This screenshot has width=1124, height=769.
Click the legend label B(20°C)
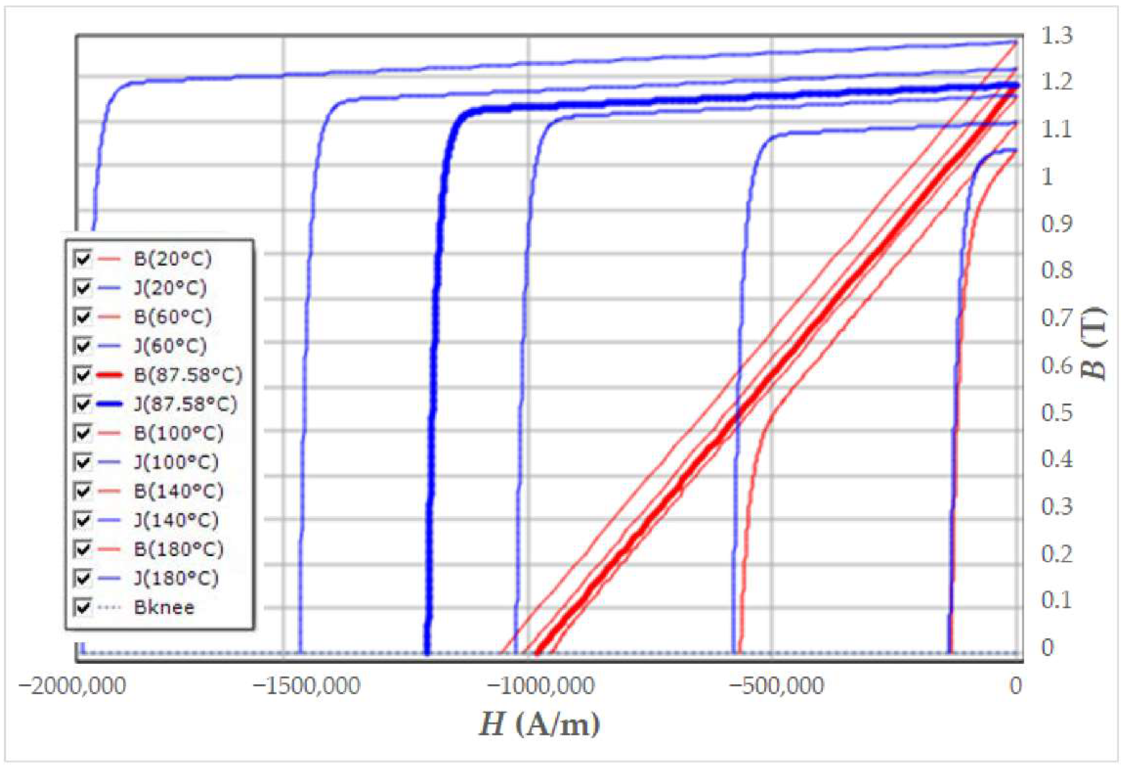coord(172,259)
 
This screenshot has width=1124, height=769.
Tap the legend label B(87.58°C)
coord(187,375)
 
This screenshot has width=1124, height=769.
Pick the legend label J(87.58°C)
coord(185,404)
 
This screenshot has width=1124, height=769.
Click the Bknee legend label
coord(164,607)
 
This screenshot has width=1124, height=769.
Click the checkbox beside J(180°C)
coord(82,578)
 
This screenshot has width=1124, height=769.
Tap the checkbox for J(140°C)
coord(82,520)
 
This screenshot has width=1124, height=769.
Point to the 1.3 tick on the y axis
coord(1057,36)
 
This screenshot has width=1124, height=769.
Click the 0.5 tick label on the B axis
coord(1057,413)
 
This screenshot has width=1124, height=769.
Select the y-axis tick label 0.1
coord(1057,600)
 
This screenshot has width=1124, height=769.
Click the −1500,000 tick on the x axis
coord(307,687)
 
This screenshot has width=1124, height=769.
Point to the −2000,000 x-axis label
coord(72,687)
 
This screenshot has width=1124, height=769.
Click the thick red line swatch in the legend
coord(109,375)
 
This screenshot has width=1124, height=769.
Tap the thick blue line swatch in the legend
coord(109,404)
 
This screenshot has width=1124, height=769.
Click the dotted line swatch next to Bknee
coord(109,607)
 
